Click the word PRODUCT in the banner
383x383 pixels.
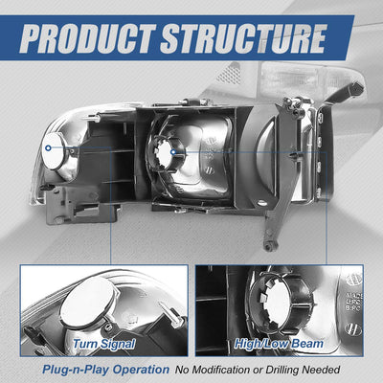(87, 38)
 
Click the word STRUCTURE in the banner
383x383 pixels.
(244, 38)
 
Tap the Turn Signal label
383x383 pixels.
(104, 344)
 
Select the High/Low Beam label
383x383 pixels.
(279, 344)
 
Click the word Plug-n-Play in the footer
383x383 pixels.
(77, 370)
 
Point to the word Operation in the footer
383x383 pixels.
(142, 370)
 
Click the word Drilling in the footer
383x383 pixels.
(282, 370)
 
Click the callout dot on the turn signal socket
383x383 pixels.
(48, 147)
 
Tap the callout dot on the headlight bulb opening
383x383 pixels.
(173, 152)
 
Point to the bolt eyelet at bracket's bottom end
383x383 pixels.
(270, 246)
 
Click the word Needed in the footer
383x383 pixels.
(322, 370)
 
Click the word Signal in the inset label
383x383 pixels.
(118, 344)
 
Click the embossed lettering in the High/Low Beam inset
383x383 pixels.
(353, 303)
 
